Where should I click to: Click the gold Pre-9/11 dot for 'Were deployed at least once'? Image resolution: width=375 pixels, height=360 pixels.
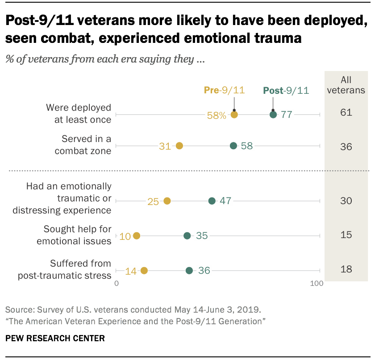(234, 115)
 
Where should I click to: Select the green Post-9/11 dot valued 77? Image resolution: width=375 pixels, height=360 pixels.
(273, 115)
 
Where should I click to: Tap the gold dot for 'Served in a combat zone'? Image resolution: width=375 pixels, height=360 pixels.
(179, 146)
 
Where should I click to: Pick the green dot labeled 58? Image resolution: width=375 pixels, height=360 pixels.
(233, 146)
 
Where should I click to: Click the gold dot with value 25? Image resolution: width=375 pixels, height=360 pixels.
(167, 201)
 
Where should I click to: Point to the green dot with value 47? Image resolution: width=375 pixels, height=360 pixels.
(212, 201)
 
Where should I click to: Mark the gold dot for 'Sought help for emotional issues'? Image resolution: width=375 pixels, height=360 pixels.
(137, 235)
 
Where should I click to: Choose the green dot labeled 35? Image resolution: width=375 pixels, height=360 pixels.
(187, 235)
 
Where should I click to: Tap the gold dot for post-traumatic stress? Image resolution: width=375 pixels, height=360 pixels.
(144, 270)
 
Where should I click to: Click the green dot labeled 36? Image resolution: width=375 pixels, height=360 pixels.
(189, 270)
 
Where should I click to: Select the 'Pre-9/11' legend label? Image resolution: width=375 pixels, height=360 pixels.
(224, 90)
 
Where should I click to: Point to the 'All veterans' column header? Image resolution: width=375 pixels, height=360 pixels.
(346, 85)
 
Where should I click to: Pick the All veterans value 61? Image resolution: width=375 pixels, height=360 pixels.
(346, 112)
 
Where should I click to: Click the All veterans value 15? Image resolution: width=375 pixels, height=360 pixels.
(346, 235)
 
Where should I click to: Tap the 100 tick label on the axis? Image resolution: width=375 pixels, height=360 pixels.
(317, 283)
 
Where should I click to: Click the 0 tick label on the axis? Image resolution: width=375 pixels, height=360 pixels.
(117, 283)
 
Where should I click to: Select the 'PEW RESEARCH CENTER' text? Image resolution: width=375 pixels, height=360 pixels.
(55, 338)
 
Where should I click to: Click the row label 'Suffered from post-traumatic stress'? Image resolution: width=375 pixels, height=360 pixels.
(65, 269)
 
